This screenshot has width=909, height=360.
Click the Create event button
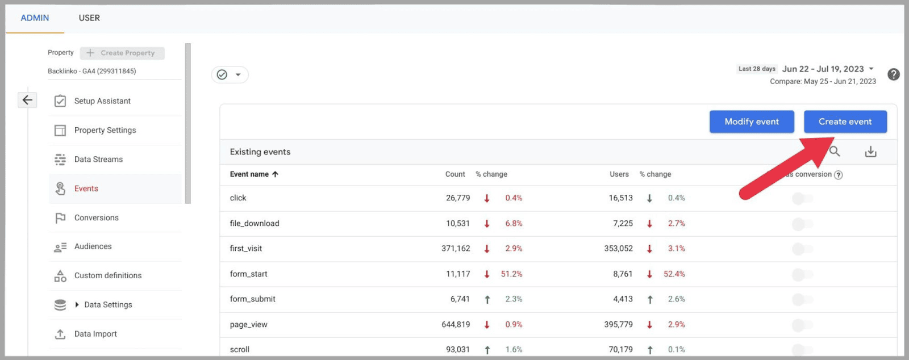coord(845,122)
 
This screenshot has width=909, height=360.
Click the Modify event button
coord(751,122)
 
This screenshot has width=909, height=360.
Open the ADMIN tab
coord(35,18)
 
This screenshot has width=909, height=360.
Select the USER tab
coord(89,18)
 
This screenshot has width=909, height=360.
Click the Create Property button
coord(122,53)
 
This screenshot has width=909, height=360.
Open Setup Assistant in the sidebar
coord(102,101)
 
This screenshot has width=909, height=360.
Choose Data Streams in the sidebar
coord(98,160)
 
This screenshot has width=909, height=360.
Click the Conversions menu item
coord(97,217)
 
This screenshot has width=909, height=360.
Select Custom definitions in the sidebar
coord(108,275)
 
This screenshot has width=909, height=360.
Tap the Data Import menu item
coord(95,334)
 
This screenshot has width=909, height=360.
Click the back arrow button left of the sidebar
coord(27,100)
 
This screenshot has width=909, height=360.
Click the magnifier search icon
coord(835,152)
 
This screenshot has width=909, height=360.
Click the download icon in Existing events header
coord(870,152)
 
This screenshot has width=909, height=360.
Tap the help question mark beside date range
coord(893,74)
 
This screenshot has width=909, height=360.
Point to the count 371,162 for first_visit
coord(456,249)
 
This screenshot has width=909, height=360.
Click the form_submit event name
coord(252,299)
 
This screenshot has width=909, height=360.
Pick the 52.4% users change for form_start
coord(674,274)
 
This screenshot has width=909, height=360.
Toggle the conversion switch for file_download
coord(802,224)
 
